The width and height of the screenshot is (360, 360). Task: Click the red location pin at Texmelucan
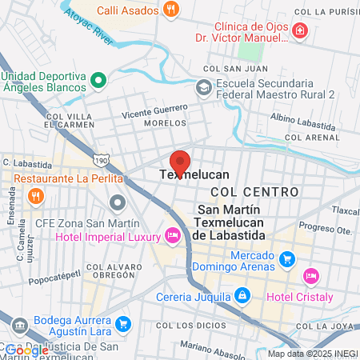180,162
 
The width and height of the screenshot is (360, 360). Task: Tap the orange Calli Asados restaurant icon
170,10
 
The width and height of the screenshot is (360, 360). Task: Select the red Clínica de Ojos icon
299,31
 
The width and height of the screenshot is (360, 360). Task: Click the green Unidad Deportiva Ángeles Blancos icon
98,79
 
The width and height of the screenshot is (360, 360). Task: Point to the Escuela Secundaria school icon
204,87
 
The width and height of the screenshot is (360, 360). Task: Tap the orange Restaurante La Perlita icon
34,195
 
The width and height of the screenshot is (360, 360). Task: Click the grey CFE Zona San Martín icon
118,202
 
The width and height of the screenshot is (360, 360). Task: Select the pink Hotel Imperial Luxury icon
171,235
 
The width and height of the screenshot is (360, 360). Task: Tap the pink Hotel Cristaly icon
311,276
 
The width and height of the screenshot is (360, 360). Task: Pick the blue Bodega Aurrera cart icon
122,324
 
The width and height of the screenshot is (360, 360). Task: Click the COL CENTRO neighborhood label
254,192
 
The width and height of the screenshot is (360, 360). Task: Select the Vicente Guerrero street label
154,112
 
